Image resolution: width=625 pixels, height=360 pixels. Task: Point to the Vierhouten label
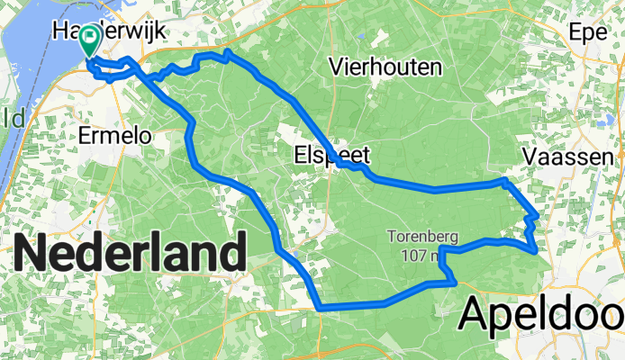point(385,67)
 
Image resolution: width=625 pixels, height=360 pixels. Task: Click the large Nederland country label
point(131,253)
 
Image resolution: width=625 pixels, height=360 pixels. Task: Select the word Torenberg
point(423,238)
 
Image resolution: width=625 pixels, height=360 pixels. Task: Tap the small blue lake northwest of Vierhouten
point(362,38)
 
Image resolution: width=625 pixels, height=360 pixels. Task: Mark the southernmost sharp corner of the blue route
point(321,308)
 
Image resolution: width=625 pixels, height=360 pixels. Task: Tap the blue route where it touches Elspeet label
point(340,164)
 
